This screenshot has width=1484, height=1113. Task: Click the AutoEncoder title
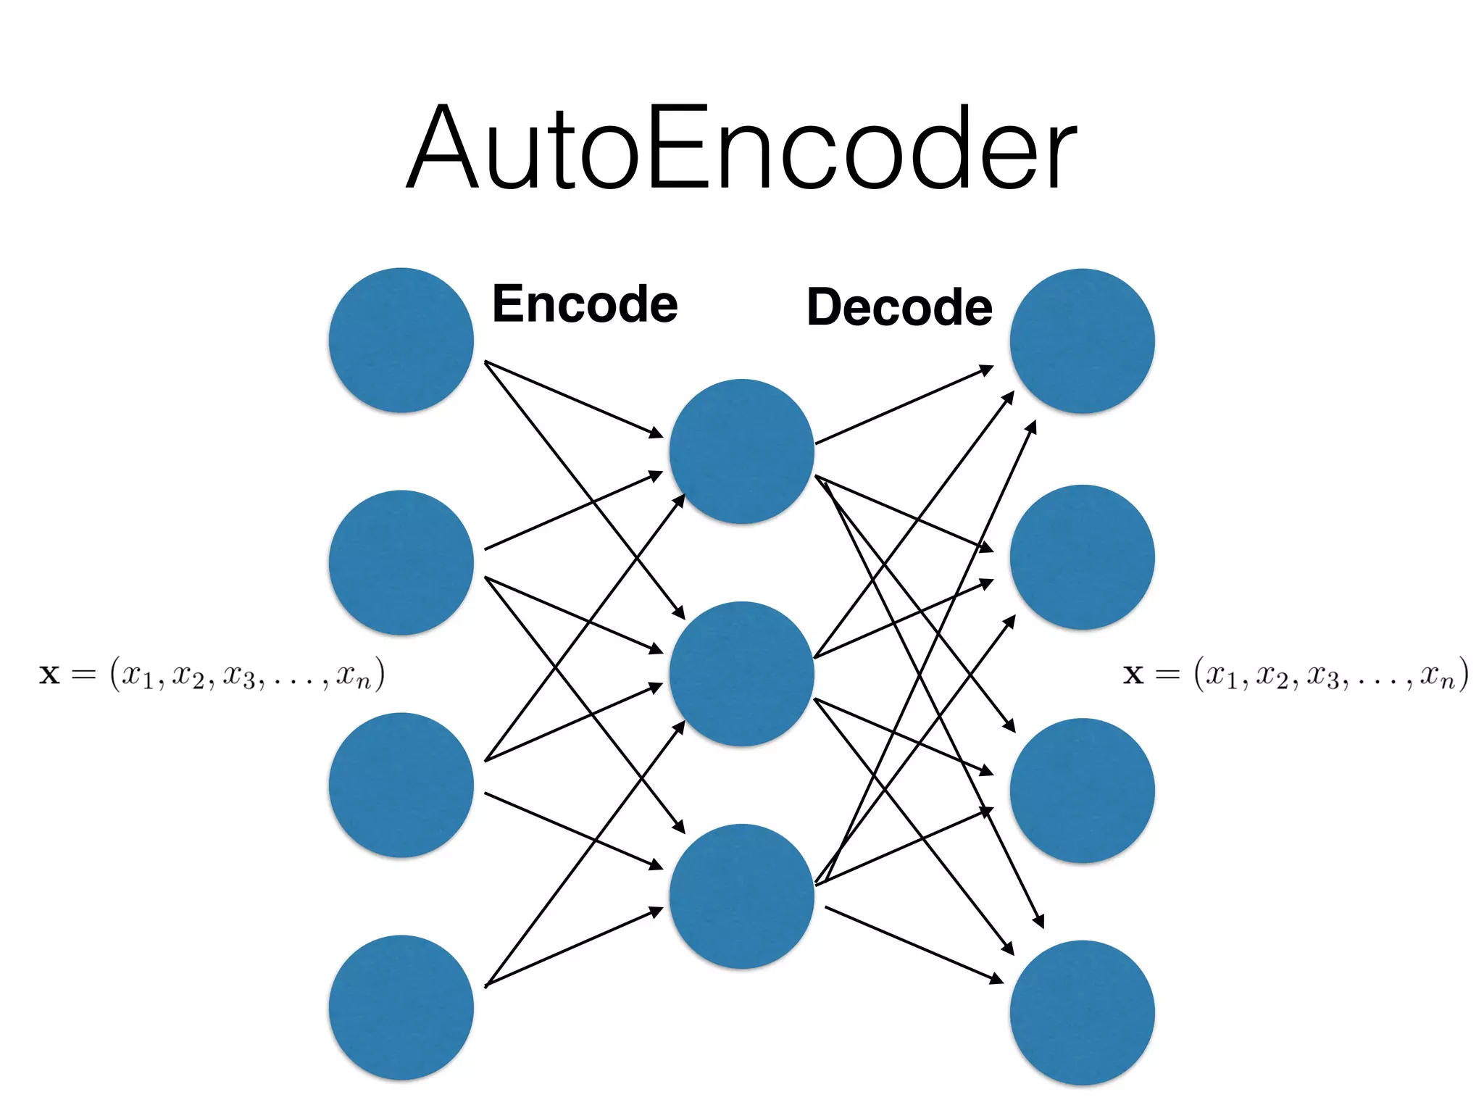[x=742, y=149]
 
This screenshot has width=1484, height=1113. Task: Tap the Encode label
[x=585, y=304]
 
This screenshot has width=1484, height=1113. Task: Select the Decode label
[x=899, y=307]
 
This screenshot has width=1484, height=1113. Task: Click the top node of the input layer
[x=401, y=341]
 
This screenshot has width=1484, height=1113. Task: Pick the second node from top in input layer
[x=401, y=563]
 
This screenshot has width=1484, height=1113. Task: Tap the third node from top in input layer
[x=401, y=785]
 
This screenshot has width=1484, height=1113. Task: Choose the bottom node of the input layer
[x=401, y=1008]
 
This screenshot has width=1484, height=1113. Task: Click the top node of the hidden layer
[x=741, y=451]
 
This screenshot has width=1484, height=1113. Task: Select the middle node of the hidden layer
[x=741, y=674]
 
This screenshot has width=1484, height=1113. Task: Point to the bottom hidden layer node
[x=741, y=896]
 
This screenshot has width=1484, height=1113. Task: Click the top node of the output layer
[x=1082, y=341]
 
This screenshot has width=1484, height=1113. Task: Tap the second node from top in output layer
[x=1082, y=557]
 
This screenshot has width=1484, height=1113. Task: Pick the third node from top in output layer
[x=1082, y=791]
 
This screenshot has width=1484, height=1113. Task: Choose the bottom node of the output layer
[x=1082, y=1013]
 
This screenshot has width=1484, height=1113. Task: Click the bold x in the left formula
[x=49, y=675]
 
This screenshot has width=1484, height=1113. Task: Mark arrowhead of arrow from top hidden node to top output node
[x=987, y=370]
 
